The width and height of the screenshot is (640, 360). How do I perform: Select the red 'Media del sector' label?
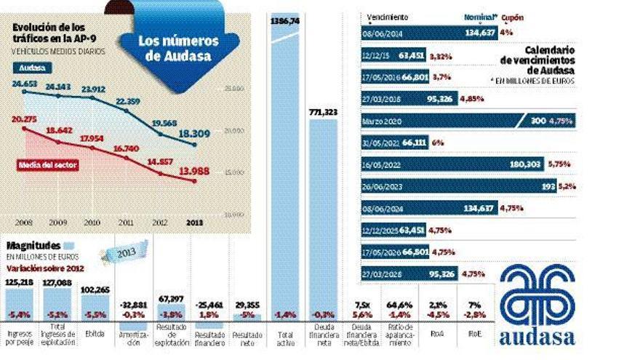pyautogui.click(x=47, y=164)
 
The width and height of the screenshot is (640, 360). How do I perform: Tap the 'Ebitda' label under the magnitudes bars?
pyautogui.click(x=90, y=335)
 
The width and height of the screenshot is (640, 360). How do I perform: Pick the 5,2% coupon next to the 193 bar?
pyautogui.click(x=569, y=187)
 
